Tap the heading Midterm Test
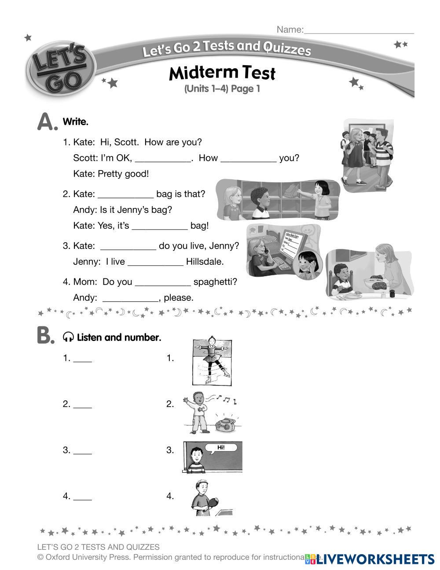coord(222,73)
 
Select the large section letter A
coord(47,122)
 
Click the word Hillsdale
coord(205,262)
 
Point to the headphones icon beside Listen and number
coord(68,337)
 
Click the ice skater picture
coord(212,362)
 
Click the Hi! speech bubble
coord(221,448)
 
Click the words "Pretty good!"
coord(123,174)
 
